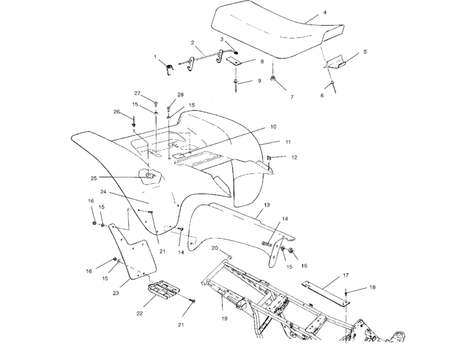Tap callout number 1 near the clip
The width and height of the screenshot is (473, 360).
click(155, 57)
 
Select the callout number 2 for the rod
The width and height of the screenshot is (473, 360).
click(192, 42)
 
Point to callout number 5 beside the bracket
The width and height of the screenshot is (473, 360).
click(364, 51)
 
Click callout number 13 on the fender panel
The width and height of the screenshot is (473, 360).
click(266, 204)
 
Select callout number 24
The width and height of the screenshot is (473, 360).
click(103, 192)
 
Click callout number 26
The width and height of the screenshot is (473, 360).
click(117, 111)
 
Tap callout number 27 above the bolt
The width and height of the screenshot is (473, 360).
click(137, 93)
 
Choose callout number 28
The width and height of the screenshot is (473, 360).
click(180, 94)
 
